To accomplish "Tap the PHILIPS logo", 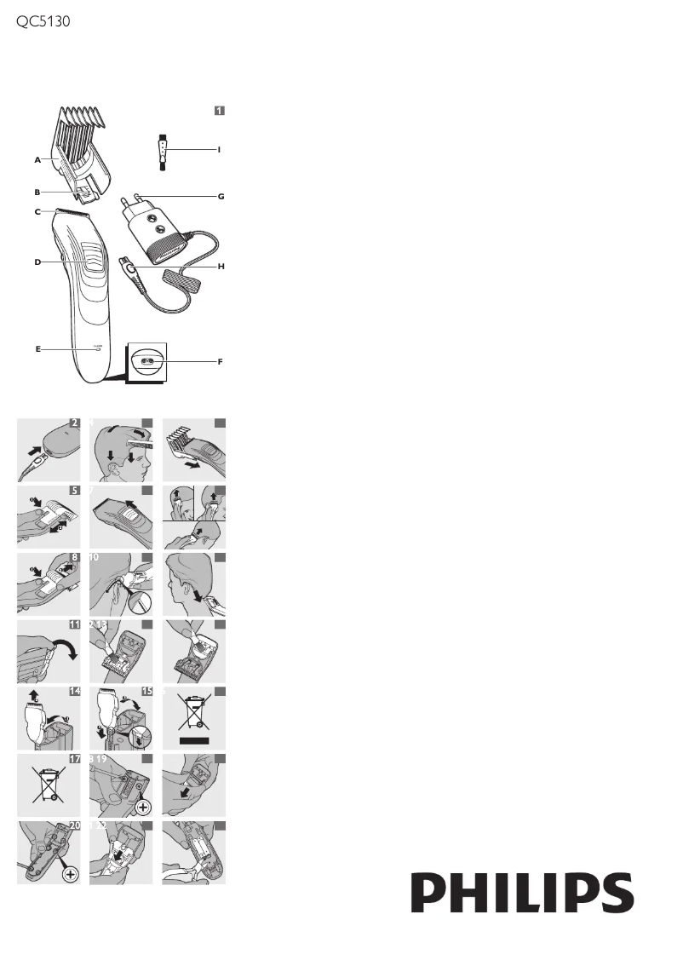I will point(523,894).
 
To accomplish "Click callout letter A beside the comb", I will point(37,159).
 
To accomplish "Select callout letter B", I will point(37,192).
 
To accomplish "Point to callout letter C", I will point(37,211).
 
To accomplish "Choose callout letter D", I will point(37,262).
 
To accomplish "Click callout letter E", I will point(37,348).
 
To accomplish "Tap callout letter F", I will point(220,362).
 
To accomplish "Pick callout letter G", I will point(220,197).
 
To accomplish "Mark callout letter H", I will point(220,267).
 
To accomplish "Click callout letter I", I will point(219,149).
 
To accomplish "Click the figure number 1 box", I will point(219,111).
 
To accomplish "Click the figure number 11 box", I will point(75,624).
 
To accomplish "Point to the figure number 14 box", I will point(75,693).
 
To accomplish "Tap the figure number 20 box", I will point(75,826).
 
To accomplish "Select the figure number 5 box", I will point(75,491).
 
